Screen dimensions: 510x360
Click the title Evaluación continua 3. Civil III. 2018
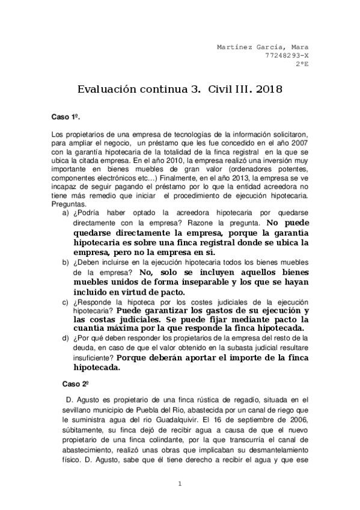click(180, 90)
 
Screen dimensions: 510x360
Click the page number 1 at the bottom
click(180, 484)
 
